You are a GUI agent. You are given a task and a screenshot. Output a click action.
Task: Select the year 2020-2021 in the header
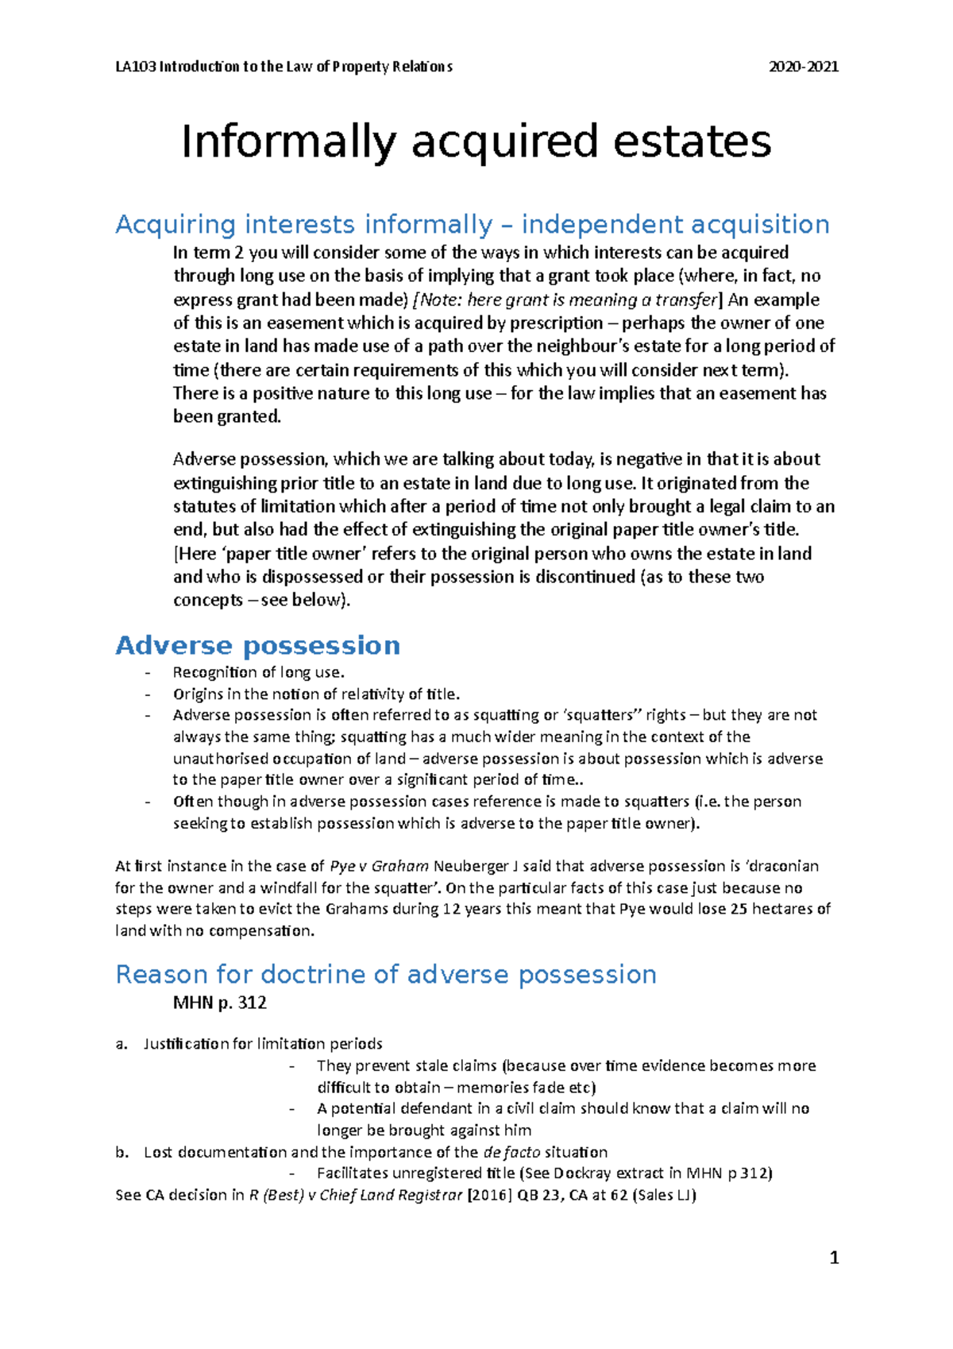coord(804,67)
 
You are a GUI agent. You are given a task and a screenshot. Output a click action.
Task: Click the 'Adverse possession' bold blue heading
coord(258,645)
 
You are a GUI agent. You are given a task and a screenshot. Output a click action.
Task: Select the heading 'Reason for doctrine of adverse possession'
coord(386,974)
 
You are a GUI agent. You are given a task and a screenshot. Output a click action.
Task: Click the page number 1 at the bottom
coord(834,1258)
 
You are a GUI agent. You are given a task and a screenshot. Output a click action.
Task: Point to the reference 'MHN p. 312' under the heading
coord(220,1003)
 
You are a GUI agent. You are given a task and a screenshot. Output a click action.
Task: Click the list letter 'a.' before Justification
coord(122,1044)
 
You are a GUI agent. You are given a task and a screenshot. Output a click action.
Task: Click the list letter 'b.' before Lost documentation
coord(122,1152)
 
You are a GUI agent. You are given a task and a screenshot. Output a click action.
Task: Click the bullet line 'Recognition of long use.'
coord(259,672)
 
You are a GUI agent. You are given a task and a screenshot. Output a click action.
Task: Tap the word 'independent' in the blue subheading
coord(604,225)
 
